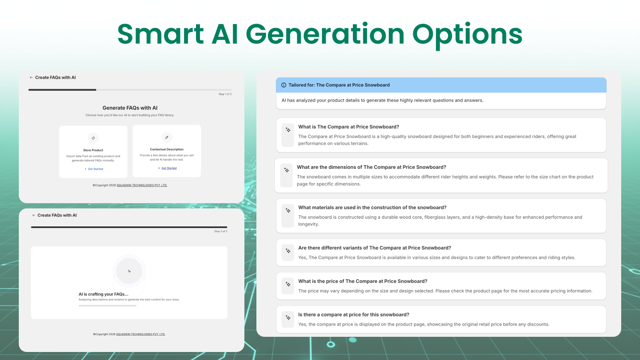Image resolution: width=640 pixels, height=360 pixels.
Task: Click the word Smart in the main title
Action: click(160, 34)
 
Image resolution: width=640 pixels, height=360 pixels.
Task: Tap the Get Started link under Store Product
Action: click(95, 169)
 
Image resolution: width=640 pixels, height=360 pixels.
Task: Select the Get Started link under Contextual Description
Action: click(169, 168)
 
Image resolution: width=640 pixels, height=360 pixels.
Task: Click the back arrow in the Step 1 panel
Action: click(31, 78)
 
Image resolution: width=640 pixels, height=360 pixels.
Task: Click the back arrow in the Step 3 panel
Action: click(34, 215)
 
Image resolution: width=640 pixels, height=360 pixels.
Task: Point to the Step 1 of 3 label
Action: click(225, 94)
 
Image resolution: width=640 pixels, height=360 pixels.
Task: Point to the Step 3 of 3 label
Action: click(220, 232)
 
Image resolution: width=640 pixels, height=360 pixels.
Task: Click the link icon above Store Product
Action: click(93, 138)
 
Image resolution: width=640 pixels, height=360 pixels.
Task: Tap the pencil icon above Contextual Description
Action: click(167, 137)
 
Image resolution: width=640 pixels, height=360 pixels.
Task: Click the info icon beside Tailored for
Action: click(284, 85)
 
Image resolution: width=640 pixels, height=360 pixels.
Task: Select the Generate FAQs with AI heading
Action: click(130, 108)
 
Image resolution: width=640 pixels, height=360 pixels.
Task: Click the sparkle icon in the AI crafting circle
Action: click(129, 271)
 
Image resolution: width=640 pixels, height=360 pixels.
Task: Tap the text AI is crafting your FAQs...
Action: click(104, 294)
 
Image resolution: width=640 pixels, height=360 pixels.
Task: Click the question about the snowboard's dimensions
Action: click(371, 167)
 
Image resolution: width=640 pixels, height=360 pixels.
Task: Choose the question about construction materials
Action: click(372, 208)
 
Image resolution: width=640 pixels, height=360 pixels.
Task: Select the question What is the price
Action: click(362, 281)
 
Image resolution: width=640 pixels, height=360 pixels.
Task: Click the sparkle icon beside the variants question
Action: click(288, 251)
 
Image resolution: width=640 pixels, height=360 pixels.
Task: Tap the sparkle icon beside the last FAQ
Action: click(288, 318)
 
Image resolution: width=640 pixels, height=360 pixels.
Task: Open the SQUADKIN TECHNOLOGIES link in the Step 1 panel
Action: click(142, 186)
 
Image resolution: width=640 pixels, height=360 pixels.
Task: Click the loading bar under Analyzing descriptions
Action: click(108, 306)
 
